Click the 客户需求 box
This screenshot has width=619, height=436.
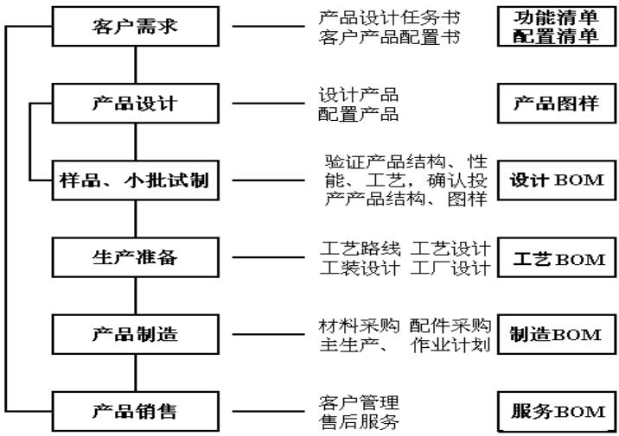tap(134, 28)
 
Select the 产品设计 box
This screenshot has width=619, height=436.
tap(134, 105)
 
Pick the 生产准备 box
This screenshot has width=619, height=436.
tap(134, 256)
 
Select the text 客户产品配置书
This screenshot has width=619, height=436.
tap(389, 38)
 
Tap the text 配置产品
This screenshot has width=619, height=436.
tap(358, 114)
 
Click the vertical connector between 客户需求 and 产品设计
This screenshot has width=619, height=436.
tap(134, 65)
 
